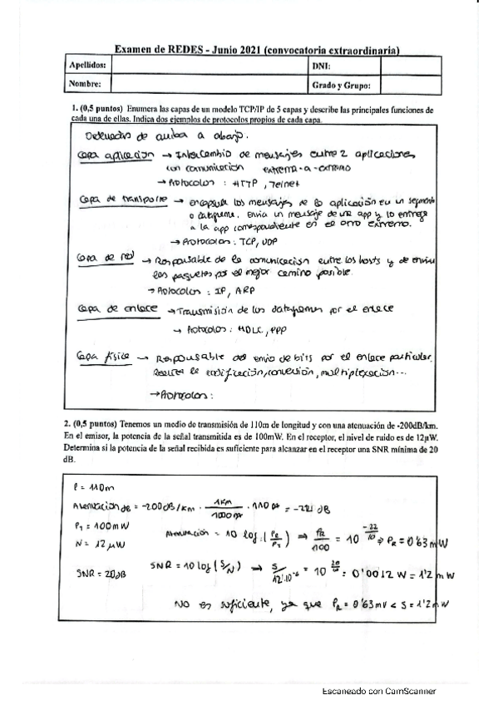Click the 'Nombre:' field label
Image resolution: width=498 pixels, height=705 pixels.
[x=85, y=84]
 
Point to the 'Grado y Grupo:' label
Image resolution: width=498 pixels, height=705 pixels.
[x=341, y=84]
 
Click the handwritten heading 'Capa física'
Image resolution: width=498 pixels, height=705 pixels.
[x=104, y=356]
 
